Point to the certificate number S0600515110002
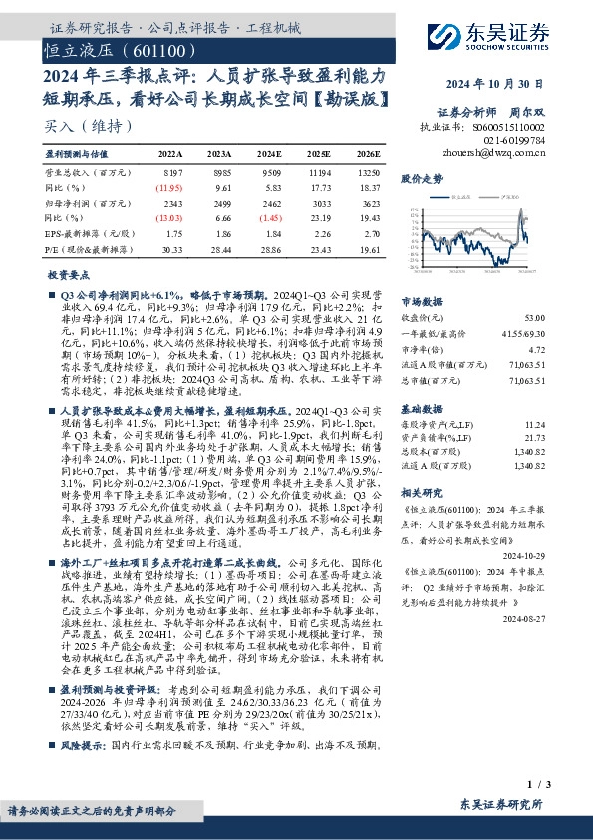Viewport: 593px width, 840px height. coord(509,129)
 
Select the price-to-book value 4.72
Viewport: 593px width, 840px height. coord(536,350)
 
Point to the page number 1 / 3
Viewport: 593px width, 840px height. coord(534,784)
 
